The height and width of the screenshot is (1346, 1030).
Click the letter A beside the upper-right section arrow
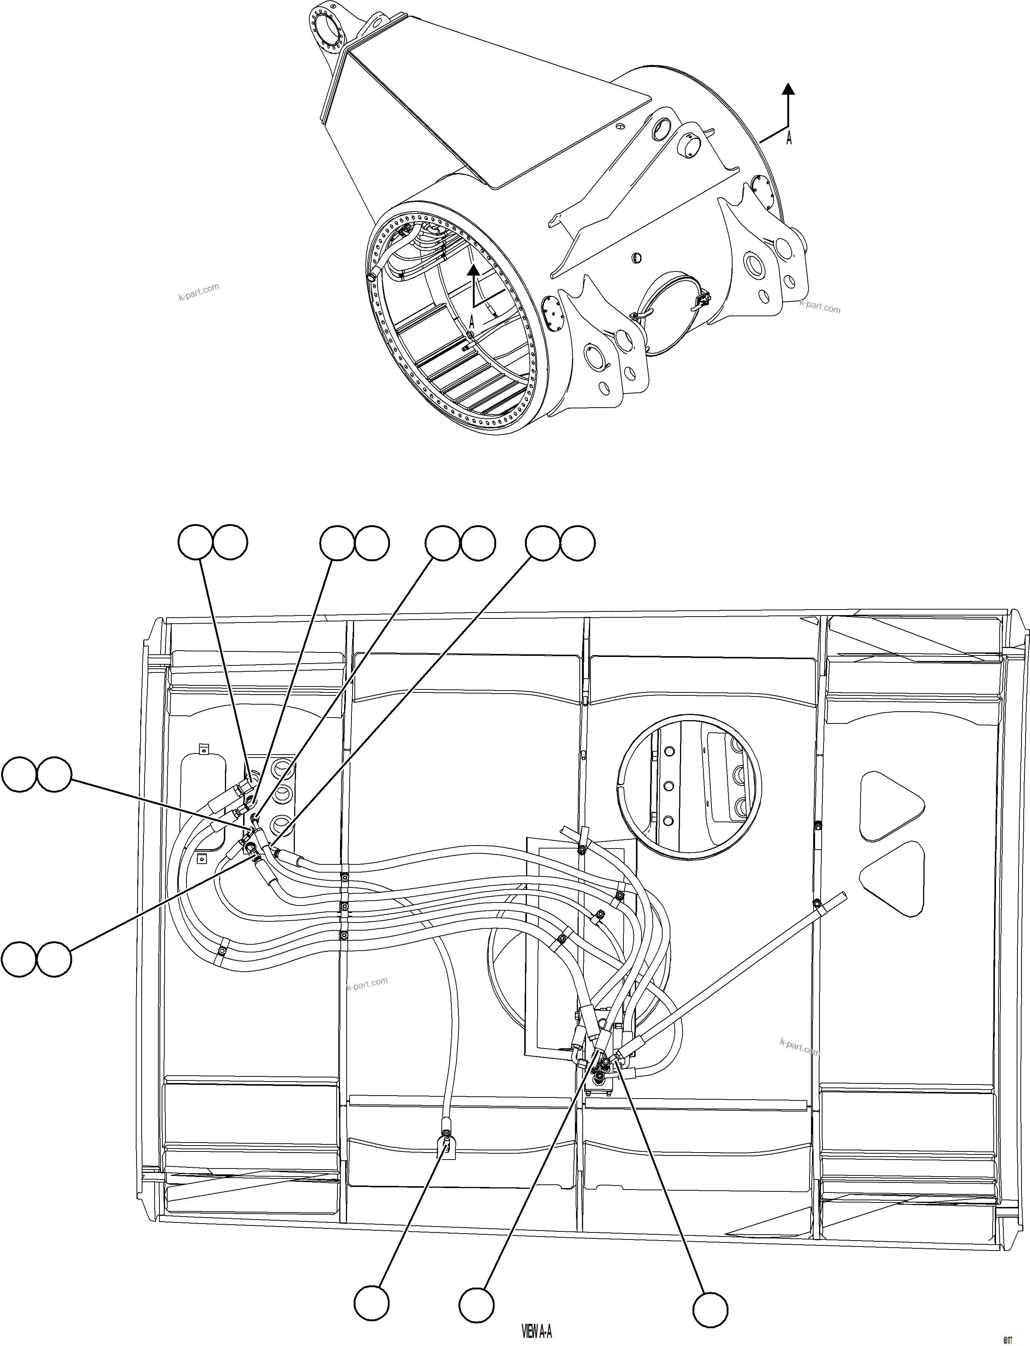coord(789,139)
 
